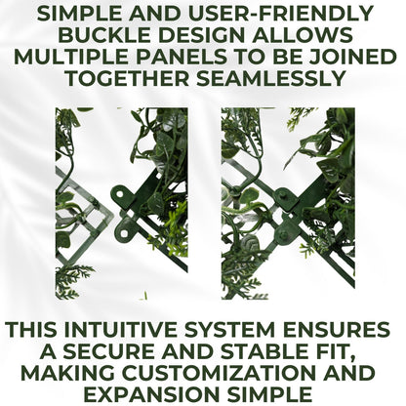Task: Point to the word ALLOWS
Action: point(302,35)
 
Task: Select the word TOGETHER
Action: point(128,78)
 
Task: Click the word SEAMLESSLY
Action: point(270,78)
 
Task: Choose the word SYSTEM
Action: point(229,330)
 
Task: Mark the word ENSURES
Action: point(336,330)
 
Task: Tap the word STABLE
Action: point(263,351)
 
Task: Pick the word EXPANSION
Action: point(150,394)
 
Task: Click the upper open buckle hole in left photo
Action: point(119,194)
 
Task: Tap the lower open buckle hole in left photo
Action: point(125,233)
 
